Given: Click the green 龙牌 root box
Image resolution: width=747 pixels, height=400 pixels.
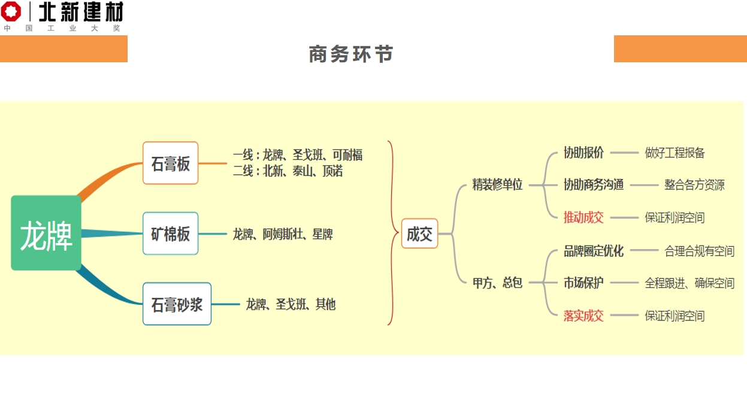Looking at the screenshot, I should click(46, 233).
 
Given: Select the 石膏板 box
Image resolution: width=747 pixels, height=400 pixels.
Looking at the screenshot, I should click(170, 163).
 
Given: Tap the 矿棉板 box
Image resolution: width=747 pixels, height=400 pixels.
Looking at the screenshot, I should click(170, 234).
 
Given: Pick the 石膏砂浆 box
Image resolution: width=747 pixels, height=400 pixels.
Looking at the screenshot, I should click(177, 304).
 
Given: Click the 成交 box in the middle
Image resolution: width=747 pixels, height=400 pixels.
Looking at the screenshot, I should click(419, 234).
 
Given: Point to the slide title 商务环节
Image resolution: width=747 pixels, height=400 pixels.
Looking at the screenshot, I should click(351, 54).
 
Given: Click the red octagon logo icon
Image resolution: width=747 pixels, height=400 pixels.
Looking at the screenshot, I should click(11, 11).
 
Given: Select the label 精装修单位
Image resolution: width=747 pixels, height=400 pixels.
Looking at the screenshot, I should click(497, 185).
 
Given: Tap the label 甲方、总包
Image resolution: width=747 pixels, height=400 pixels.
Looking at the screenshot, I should click(497, 283).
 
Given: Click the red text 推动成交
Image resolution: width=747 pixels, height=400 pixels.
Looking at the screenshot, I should click(583, 217).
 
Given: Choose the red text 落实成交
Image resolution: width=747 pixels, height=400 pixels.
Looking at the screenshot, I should click(583, 316).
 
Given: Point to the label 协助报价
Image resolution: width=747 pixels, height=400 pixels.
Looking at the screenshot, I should click(583, 153).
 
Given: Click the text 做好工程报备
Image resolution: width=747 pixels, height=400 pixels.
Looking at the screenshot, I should click(675, 153).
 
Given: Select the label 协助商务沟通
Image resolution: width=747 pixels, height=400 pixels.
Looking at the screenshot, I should click(593, 185).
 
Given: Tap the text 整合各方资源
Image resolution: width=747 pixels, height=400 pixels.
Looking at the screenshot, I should click(694, 185).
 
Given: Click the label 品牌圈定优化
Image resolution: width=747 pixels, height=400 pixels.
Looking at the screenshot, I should click(593, 251).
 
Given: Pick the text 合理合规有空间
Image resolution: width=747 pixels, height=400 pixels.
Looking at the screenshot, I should click(699, 251).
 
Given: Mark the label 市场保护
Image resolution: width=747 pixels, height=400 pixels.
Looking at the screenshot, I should click(583, 283).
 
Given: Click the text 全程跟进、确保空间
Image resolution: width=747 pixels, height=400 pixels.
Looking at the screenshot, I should click(689, 283).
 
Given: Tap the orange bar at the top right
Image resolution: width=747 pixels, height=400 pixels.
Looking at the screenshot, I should click(680, 49).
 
